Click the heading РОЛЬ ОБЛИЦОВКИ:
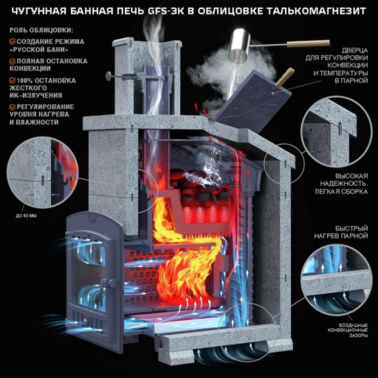tap(41, 30)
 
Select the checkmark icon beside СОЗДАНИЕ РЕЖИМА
tap(12, 42)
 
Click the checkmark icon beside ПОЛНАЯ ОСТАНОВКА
tap(12, 61)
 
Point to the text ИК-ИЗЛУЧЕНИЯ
tap(36, 95)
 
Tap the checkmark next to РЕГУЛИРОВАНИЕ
tap(12, 107)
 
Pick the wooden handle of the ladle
tap(308, 43)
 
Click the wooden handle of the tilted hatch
tap(285, 77)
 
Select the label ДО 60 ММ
tap(26, 215)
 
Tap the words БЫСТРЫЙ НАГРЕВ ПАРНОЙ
tap(341, 232)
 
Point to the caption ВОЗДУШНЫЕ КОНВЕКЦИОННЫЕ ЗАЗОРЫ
tap(347, 330)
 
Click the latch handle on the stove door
tap(105, 283)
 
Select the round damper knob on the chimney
tap(108, 76)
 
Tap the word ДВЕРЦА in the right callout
tap(355, 50)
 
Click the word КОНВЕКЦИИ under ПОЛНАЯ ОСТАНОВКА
tap(30, 69)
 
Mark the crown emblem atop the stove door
tap(92, 219)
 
